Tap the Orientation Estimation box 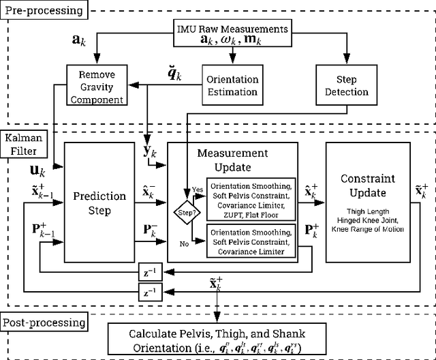pos(232,84)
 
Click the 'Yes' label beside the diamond pos(198,190)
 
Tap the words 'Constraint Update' pos(369,185)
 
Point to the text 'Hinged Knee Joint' pos(369,220)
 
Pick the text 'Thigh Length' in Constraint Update pos(369,211)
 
